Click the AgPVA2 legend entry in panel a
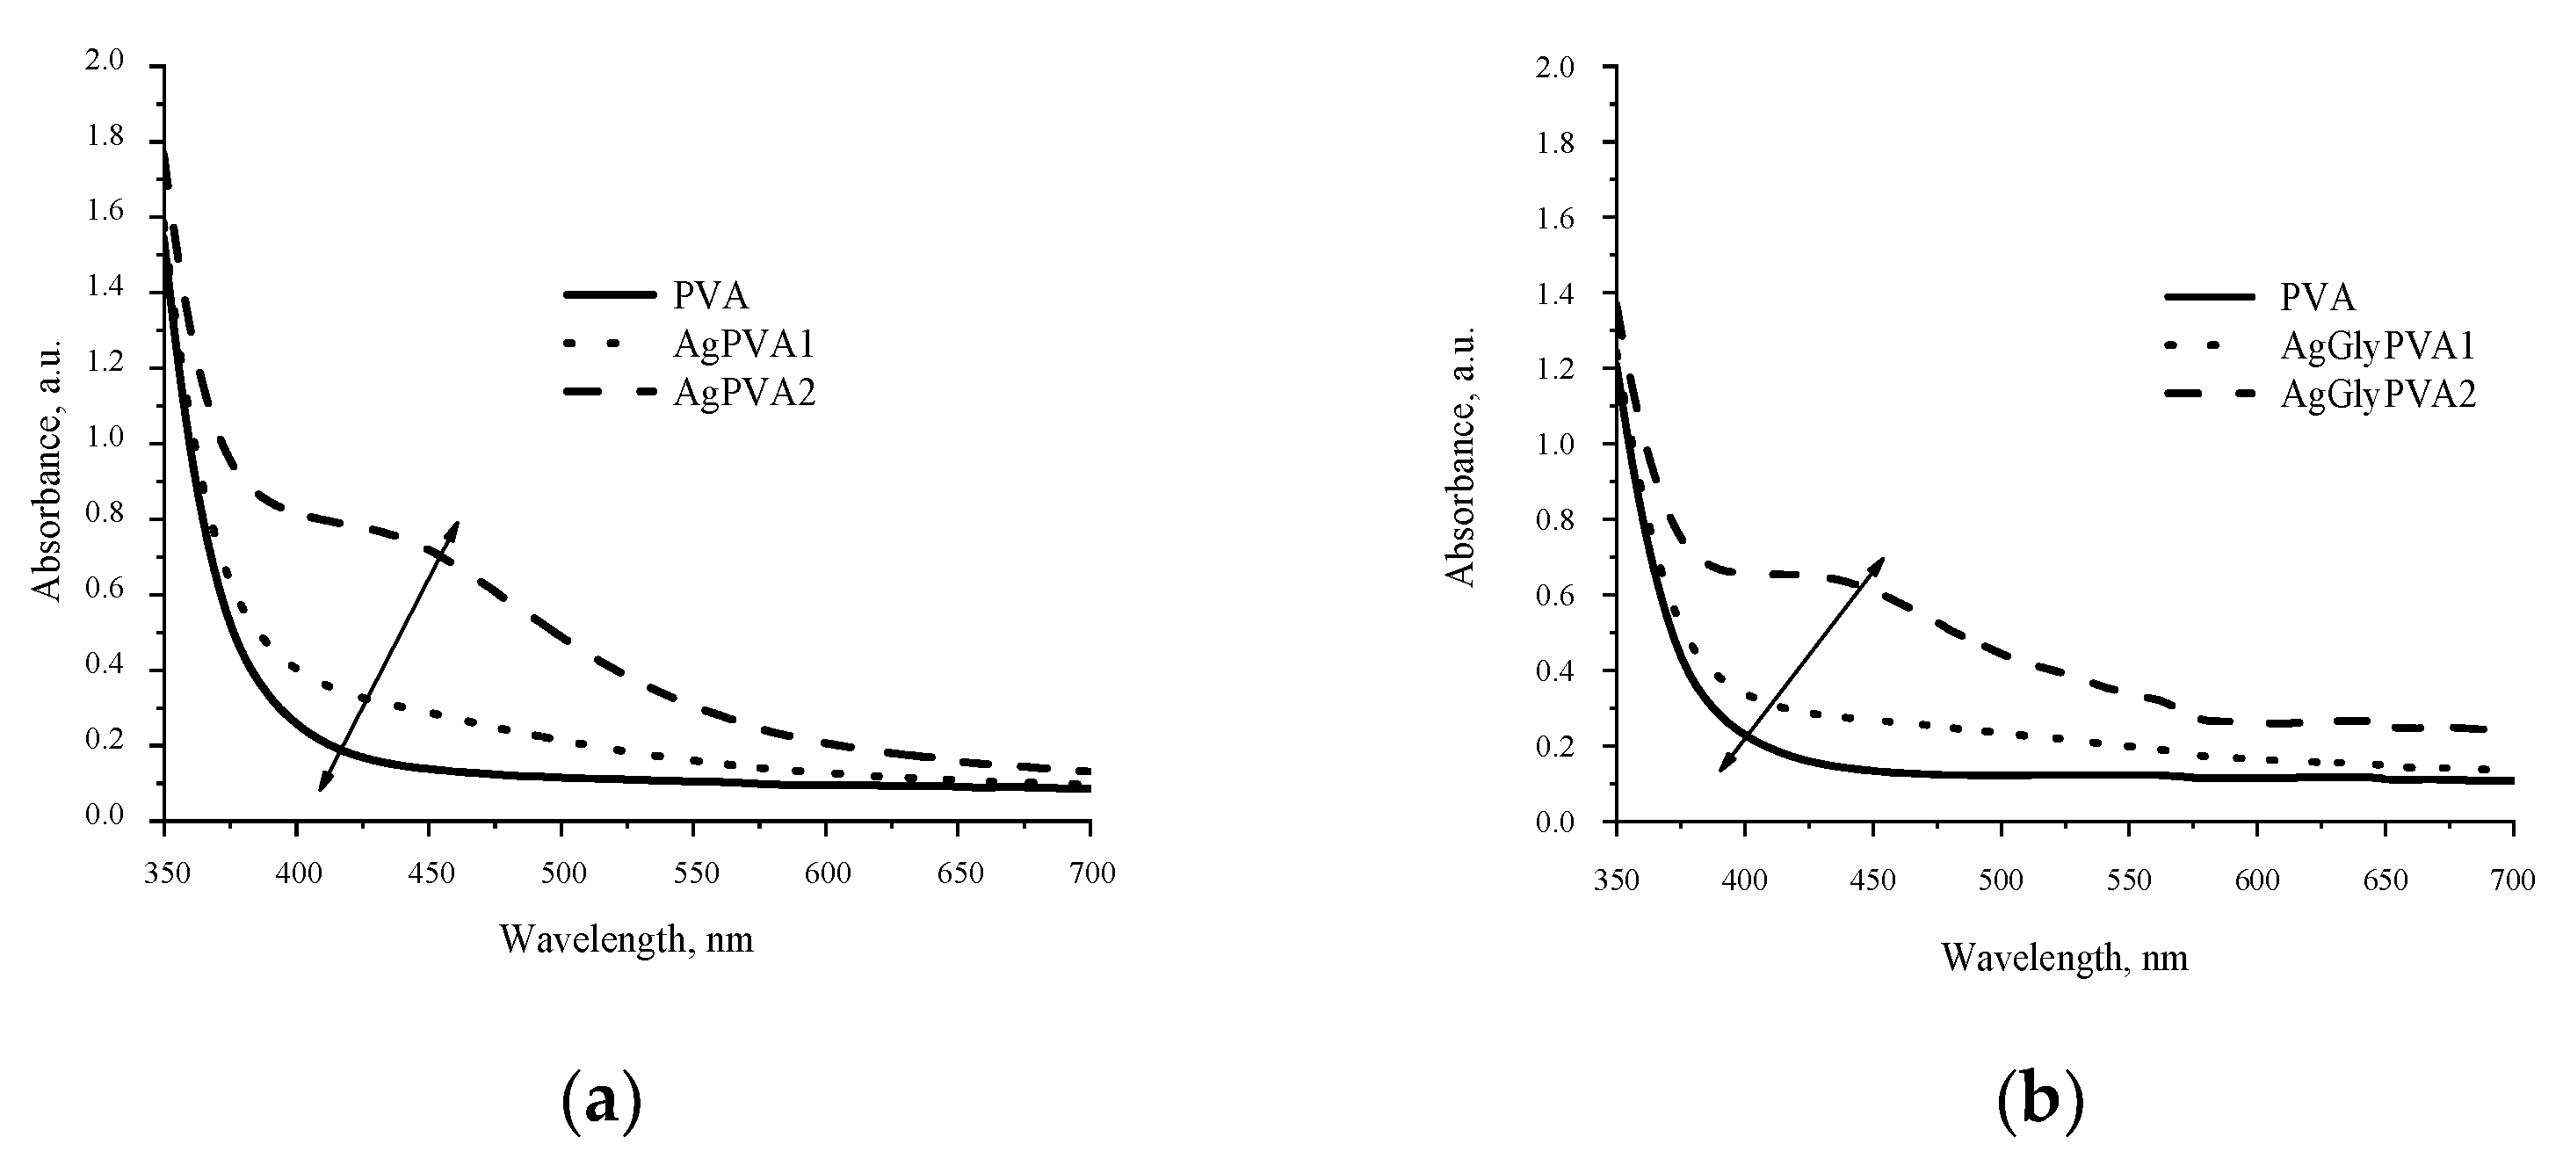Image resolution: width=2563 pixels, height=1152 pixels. point(743,394)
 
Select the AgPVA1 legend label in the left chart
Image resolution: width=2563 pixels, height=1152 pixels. point(743,344)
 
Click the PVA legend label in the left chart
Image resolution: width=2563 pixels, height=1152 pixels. point(711,295)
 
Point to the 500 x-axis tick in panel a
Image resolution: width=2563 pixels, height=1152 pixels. point(563,873)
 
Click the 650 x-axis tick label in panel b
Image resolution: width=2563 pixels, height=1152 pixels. point(2385,880)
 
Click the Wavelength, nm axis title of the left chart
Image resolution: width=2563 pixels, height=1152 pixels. point(626,939)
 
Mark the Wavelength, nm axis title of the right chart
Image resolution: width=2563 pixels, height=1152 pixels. point(2065,957)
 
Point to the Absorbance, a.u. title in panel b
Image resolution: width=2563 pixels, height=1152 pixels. point(1459,456)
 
